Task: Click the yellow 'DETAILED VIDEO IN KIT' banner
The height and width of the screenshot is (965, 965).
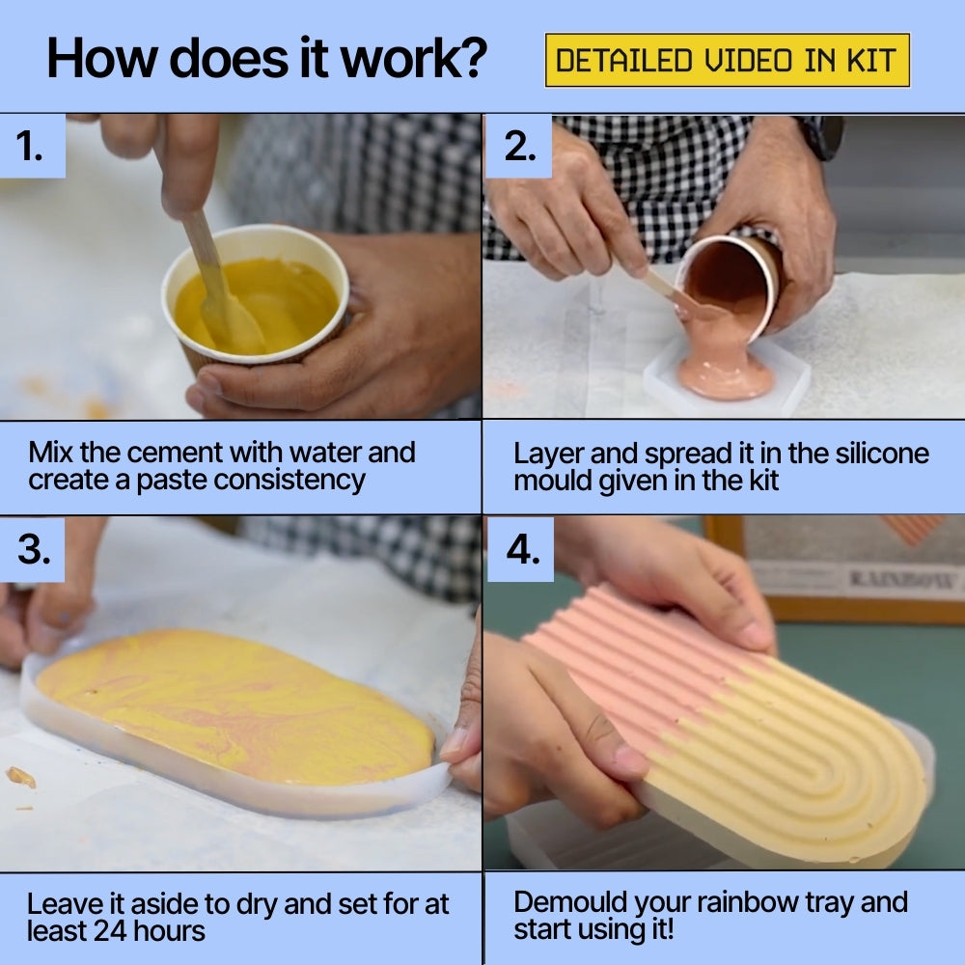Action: click(x=727, y=60)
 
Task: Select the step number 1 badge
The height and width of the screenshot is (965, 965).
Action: click(x=33, y=147)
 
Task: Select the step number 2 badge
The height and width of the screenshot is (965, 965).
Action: click(x=519, y=147)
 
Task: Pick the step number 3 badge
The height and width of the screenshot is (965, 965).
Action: click(x=33, y=549)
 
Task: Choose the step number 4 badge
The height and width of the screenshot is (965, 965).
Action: click(x=521, y=549)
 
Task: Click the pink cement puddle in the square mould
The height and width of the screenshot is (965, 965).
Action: click(x=725, y=372)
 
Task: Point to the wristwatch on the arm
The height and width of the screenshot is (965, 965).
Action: click(x=821, y=137)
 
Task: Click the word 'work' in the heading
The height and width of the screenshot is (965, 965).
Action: click(x=400, y=59)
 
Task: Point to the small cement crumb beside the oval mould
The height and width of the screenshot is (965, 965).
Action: click(x=21, y=777)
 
